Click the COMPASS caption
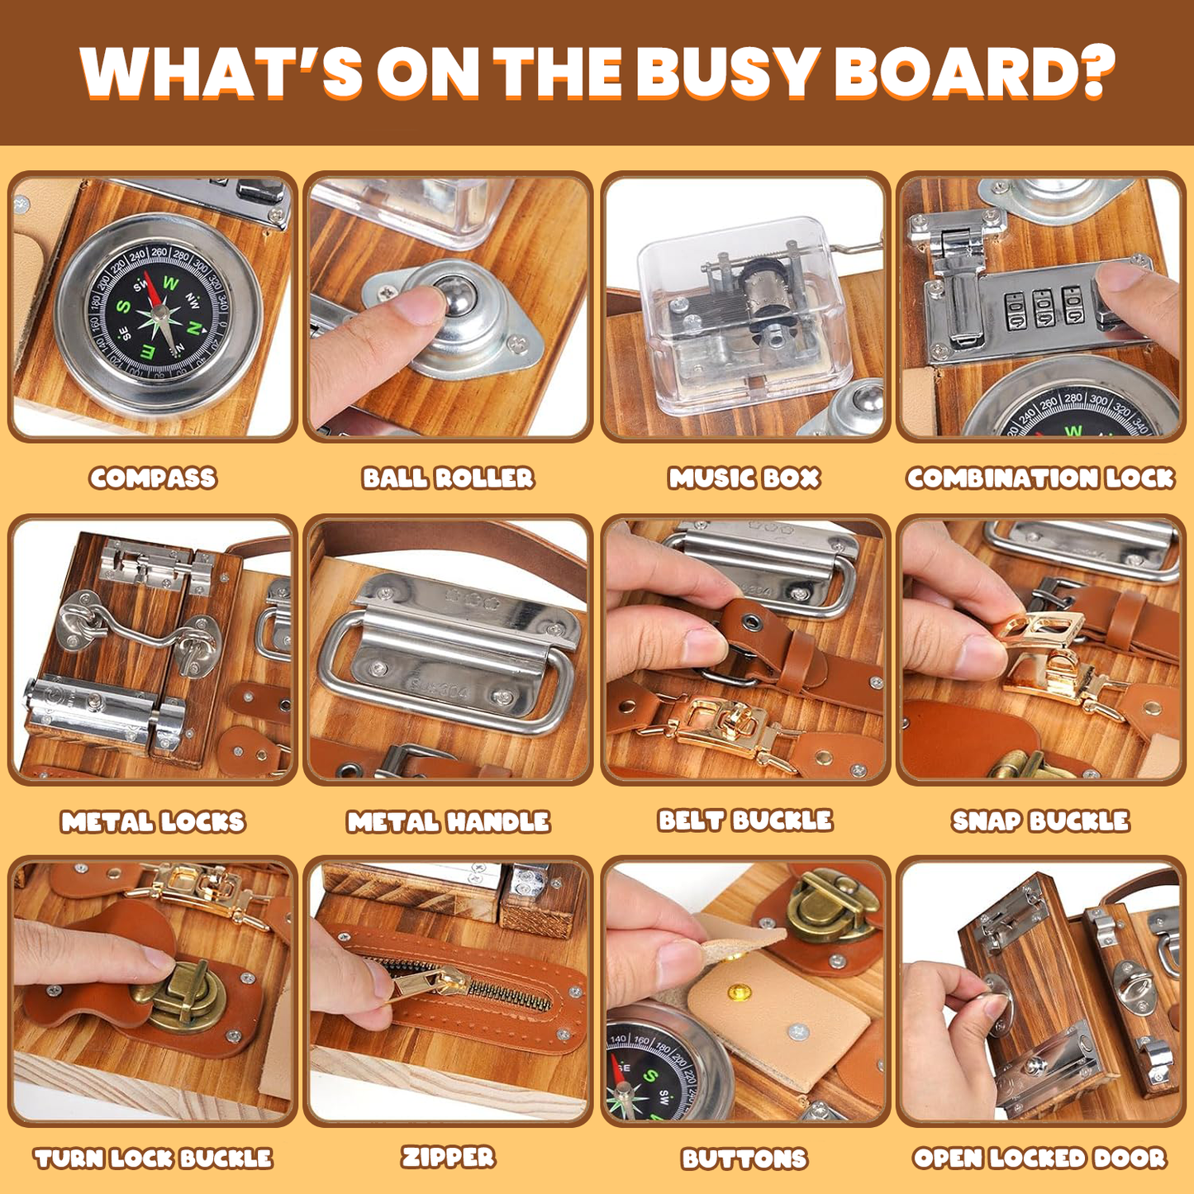coord(153,478)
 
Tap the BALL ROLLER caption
coord(448,478)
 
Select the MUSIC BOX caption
coord(744,478)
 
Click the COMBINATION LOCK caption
coord(1040,478)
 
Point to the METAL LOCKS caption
coord(153,821)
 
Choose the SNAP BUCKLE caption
coord(1040,821)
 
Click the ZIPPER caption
coord(448,1157)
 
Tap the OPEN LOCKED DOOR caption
coord(1040,1158)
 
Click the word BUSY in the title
coord(727,73)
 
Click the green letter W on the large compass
coord(171,283)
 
